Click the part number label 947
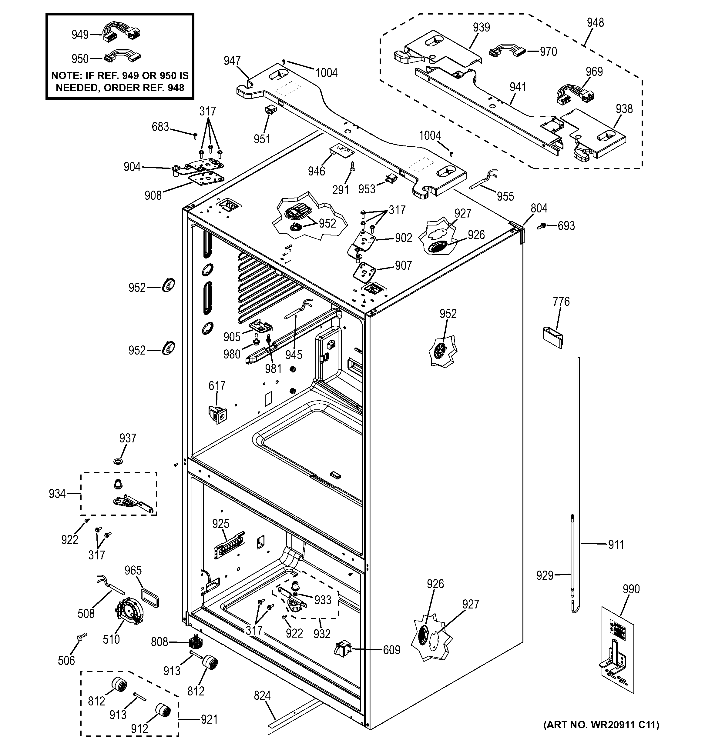click(232, 61)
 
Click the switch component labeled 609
click(343, 648)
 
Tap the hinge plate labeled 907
click(364, 271)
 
